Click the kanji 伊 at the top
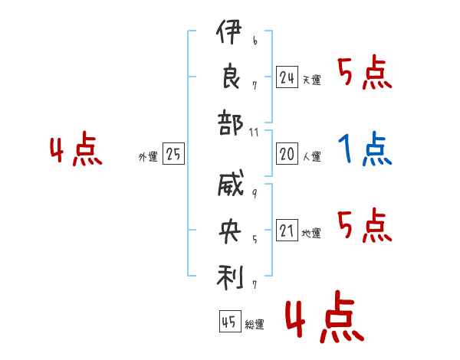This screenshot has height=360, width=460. tap(228, 31)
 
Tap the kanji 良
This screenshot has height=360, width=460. tap(231, 77)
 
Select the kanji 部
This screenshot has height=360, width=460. tap(230, 123)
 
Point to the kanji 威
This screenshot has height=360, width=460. tap(231, 183)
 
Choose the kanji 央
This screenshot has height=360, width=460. tap(230, 231)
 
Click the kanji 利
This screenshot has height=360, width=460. tap(230, 277)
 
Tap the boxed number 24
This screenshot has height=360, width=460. tap(287, 77)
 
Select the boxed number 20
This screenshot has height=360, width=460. tap(287, 154)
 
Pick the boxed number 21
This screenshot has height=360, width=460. tap(287, 230)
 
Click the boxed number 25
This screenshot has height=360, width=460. tap(173, 154)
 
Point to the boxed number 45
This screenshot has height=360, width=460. tap(230, 321)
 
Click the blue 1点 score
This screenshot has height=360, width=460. tap(365, 149)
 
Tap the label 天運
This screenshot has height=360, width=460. tap(312, 80)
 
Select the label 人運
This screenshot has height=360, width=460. tap(312, 156)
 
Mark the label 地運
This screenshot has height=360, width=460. tap(311, 233)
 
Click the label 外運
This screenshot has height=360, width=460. tap(148, 156)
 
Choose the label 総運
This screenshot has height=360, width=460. tap(255, 324)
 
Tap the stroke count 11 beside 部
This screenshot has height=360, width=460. tap(254, 133)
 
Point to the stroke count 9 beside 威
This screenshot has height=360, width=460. tap(255, 194)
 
